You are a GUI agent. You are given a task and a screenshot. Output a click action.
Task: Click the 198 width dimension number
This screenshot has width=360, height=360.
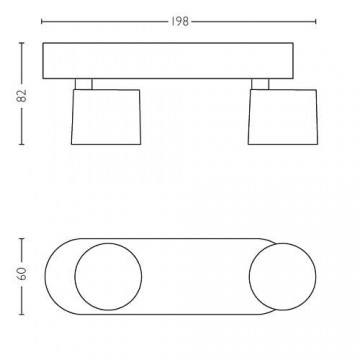pyautogui.click(x=180, y=22)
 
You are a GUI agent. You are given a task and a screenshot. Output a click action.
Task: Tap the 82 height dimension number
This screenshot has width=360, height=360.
pyautogui.click(x=22, y=96)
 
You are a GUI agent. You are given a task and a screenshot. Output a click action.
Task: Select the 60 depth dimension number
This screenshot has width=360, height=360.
pyautogui.click(x=22, y=273)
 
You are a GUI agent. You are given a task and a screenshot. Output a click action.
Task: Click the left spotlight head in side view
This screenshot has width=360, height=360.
pyautogui.click(x=106, y=117)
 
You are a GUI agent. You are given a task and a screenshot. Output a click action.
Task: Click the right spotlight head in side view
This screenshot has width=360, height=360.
pyautogui.click(x=283, y=117)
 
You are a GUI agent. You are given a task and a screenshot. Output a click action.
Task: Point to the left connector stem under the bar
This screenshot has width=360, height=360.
pyautogui.click(x=84, y=84)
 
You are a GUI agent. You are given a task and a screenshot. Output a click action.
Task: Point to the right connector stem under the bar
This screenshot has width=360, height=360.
pyautogui.click(x=260, y=84)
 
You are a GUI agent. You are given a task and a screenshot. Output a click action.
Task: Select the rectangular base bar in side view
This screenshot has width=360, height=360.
pyautogui.click(x=168, y=61)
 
